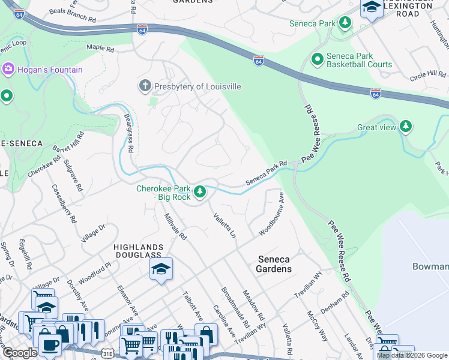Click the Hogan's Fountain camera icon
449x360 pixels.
coord(8,70)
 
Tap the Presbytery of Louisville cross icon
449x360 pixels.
coord(145,86)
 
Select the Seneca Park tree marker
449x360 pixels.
coord(345,23)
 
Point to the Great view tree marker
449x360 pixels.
coord(406,127)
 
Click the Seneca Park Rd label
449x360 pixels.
coord(267,173)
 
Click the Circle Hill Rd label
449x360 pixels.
coord(427,75)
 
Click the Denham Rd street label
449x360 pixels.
coord(335,304)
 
